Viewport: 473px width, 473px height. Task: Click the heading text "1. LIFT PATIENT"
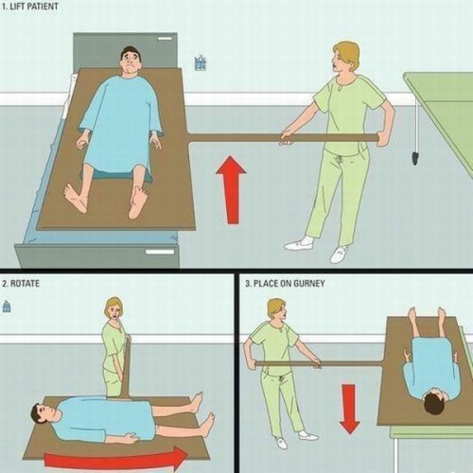[31, 8]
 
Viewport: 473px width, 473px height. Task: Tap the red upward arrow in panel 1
[229, 190]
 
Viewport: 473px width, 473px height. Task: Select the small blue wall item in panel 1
[200, 63]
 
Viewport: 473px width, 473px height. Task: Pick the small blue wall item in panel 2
[8, 307]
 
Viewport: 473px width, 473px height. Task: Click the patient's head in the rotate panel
[38, 414]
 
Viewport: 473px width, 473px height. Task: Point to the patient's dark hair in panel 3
[435, 405]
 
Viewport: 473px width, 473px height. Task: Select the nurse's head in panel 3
[276, 308]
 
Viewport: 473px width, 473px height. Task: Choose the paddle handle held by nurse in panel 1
[284, 138]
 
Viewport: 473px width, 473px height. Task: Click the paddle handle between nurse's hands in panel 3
[284, 361]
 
